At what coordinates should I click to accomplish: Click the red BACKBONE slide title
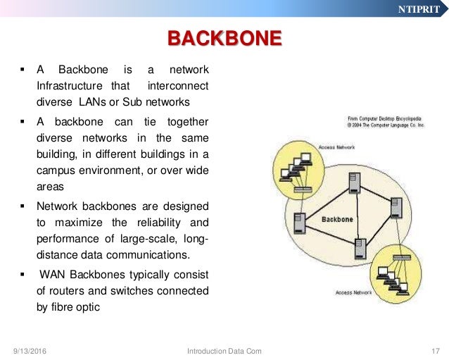pos(224,37)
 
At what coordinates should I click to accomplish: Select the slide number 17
pos(434,350)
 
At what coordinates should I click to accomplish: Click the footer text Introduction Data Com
pos(224,350)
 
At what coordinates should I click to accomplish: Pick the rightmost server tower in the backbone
pos(397,207)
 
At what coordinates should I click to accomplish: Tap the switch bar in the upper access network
pos(303,190)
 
